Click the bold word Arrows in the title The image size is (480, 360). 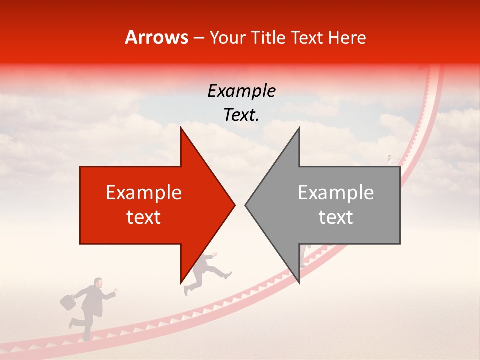point(157,37)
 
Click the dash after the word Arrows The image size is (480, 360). point(199,38)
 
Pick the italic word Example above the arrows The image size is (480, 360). point(242,91)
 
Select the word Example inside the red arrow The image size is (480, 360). point(144,193)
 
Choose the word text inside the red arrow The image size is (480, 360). point(144,217)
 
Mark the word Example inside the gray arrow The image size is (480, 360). point(336,193)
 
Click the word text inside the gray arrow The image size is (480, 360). point(336,217)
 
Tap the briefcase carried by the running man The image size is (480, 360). point(67,302)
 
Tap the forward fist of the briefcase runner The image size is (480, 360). point(116,290)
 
